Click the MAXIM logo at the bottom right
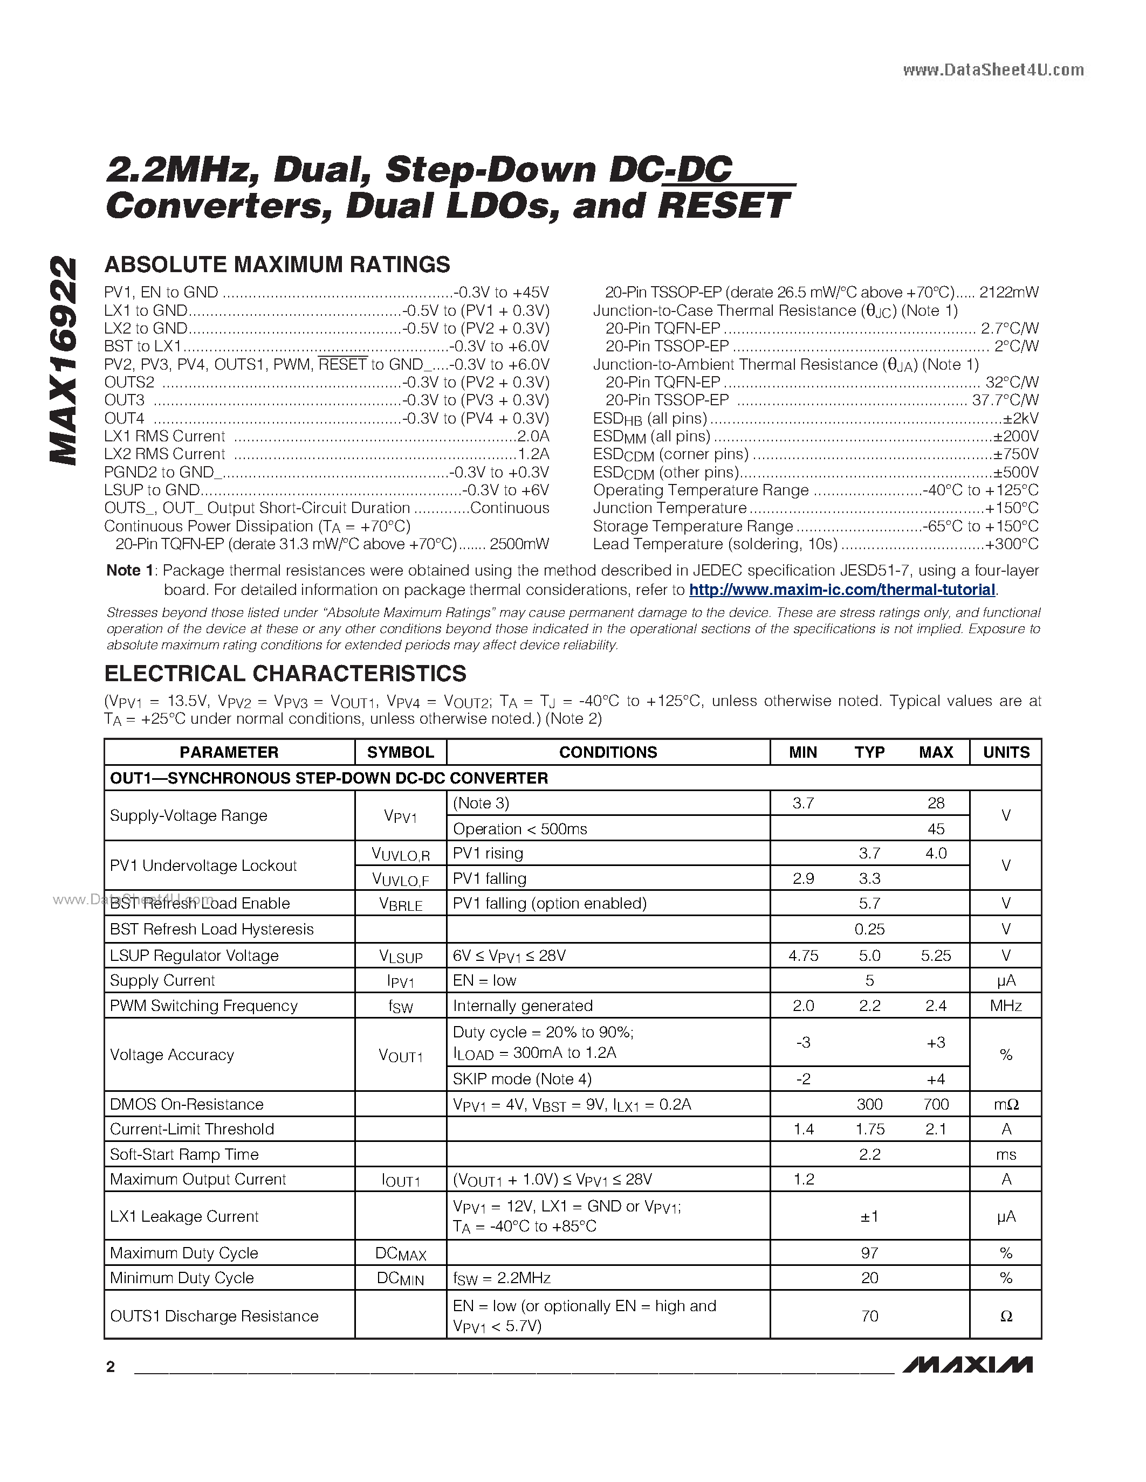point(967,1365)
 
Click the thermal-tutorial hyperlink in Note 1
point(842,590)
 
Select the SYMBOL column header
point(401,752)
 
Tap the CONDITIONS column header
point(608,752)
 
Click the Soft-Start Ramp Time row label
point(184,1154)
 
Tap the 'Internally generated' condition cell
point(523,1006)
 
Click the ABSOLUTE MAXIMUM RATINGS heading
point(277,265)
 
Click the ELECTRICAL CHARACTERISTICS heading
point(285,674)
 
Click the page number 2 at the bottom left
point(111,1367)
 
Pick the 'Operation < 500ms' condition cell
point(520,828)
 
